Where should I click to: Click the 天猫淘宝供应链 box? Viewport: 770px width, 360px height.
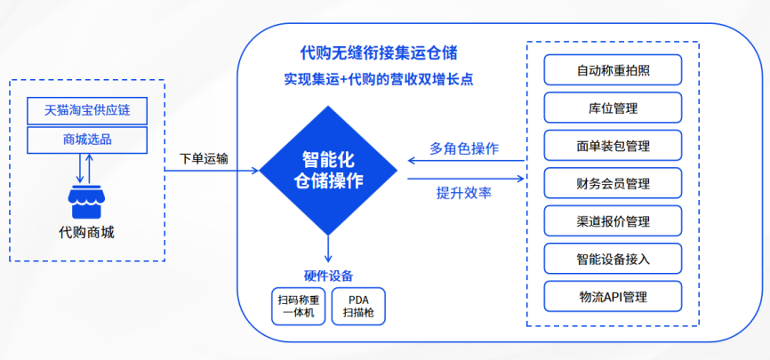pyautogui.click(x=87, y=110)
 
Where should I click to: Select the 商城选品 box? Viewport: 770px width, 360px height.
pyautogui.click(x=87, y=140)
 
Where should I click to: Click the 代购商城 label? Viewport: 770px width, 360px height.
pyautogui.click(x=86, y=232)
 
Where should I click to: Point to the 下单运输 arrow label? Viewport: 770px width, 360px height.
pyautogui.click(x=204, y=158)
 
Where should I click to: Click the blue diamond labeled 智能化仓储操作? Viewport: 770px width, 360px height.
pyautogui.click(x=328, y=171)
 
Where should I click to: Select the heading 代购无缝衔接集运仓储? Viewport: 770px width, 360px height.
pyautogui.click(x=378, y=52)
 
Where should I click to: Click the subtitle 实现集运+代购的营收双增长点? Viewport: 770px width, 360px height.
pyautogui.click(x=378, y=79)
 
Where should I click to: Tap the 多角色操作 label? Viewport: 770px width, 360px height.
pyautogui.click(x=464, y=148)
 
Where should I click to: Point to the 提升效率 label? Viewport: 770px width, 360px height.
pyautogui.click(x=464, y=193)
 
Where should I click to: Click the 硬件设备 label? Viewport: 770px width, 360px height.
pyautogui.click(x=328, y=276)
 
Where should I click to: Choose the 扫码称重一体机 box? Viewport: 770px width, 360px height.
pyautogui.click(x=299, y=306)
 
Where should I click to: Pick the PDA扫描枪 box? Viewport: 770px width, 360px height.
pyautogui.click(x=358, y=306)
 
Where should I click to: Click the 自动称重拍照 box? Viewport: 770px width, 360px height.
pyautogui.click(x=613, y=69)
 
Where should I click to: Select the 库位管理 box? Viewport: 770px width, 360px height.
pyautogui.click(x=613, y=108)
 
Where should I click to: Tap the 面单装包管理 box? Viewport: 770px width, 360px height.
pyautogui.click(x=613, y=146)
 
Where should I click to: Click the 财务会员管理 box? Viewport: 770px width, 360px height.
pyautogui.click(x=613, y=183)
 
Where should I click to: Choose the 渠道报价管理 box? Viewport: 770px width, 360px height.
pyautogui.click(x=613, y=221)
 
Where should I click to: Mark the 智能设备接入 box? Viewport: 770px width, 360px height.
pyautogui.click(x=613, y=259)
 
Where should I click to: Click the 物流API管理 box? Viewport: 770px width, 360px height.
pyautogui.click(x=613, y=296)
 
